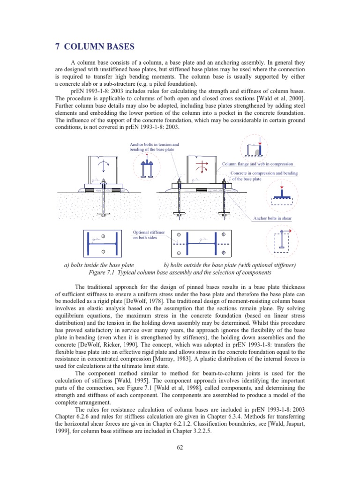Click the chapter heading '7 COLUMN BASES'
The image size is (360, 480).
pyautogui.click(x=94, y=46)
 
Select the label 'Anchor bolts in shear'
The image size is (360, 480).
pyautogui.click(x=273, y=218)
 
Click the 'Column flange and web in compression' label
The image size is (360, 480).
pyautogui.click(x=257, y=164)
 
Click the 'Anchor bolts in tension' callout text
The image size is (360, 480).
pyautogui.click(x=154, y=145)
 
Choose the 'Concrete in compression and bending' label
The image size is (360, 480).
pyautogui.click(x=264, y=173)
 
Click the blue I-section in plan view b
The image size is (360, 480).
pyautogui.click(x=201, y=244)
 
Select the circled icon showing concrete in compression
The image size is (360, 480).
pyautogui.click(x=281, y=195)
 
